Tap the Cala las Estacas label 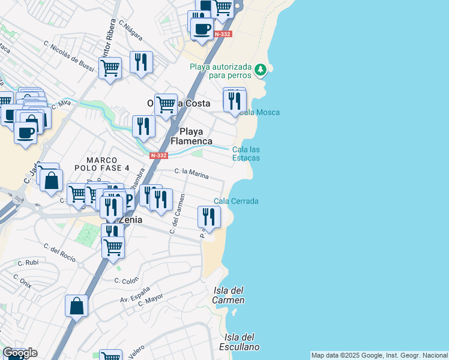tap(246, 154)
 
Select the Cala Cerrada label tap(237, 201)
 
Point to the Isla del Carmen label tap(229, 295)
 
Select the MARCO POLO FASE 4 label tap(108, 164)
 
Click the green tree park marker tap(261, 70)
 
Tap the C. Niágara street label tap(131, 31)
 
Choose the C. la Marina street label tap(191, 174)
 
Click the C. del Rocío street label tap(60, 253)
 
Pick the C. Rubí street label tap(28, 262)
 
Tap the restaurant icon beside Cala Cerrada tap(208, 216)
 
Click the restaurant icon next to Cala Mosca tap(235, 100)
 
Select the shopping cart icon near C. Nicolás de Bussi tap(110, 67)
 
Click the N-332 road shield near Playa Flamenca tap(158, 155)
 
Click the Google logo tap(20, 353)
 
